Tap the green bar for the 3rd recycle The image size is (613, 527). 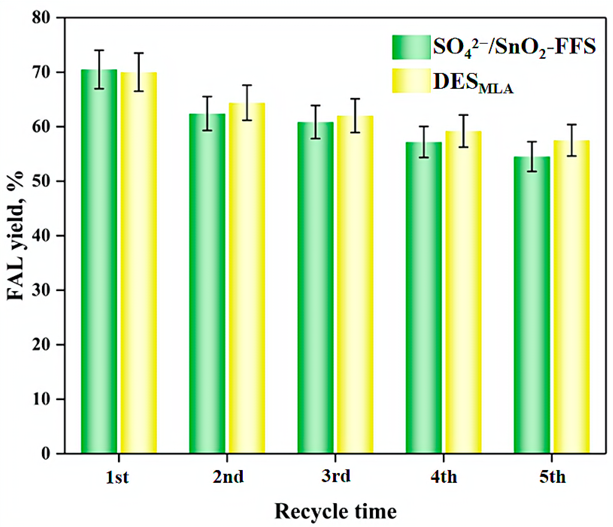click(316, 288)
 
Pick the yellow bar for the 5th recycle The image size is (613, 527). click(572, 297)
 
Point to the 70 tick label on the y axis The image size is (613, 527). click(41, 73)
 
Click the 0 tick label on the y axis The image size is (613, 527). click(46, 454)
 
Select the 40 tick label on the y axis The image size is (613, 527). click(41, 236)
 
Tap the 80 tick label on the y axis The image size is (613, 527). click(41, 18)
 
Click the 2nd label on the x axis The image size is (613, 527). click(228, 477)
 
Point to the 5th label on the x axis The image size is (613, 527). click(552, 477)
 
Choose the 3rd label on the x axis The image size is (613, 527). click(336, 476)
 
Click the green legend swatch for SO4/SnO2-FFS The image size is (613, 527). click(411, 47)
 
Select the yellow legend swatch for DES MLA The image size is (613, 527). click(411, 81)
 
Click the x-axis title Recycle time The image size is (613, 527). click(335, 511)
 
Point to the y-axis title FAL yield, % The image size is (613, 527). click(15, 236)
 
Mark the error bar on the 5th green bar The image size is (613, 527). click(532, 156)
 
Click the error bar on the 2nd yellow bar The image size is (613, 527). click(247, 103)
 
